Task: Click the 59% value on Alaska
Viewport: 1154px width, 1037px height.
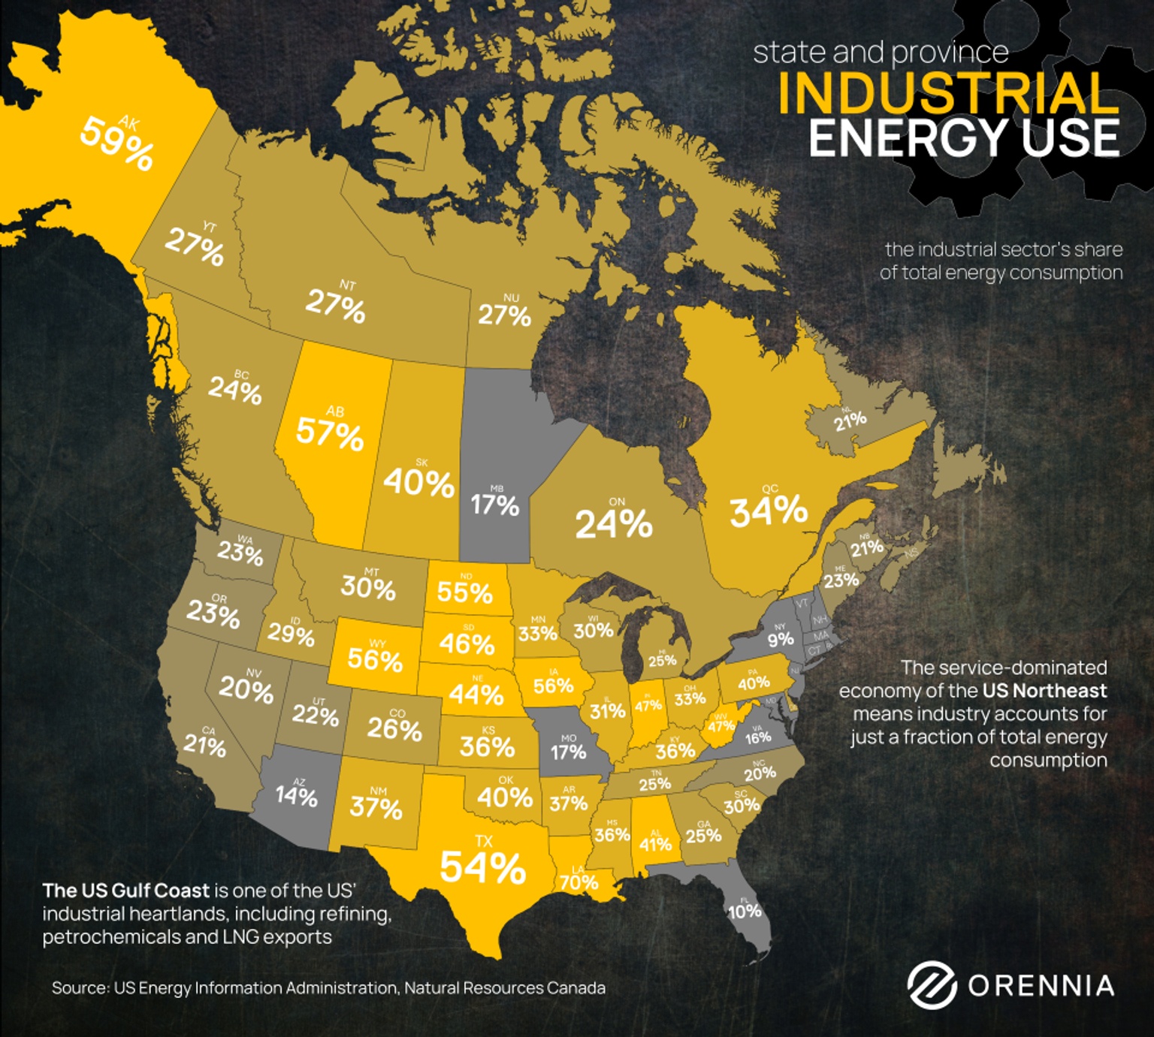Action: click(117, 143)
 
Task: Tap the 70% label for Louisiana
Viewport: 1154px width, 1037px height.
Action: click(579, 882)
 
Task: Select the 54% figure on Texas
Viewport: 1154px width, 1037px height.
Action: click(482, 868)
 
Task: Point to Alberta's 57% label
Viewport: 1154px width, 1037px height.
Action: click(330, 433)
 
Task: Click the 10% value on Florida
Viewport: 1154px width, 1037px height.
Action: click(745, 912)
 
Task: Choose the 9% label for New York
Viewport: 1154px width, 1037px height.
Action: click(781, 639)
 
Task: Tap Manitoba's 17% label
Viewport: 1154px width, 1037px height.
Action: click(495, 505)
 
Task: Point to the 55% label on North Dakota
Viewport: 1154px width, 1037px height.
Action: click(464, 592)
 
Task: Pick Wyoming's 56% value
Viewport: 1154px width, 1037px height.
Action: click(375, 660)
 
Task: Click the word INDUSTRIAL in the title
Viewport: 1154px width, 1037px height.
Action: click(948, 94)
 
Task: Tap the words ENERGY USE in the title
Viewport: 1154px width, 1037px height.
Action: click(963, 139)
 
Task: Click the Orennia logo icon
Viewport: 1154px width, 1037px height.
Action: click(932, 985)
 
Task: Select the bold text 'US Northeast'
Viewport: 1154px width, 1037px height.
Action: click(1044, 691)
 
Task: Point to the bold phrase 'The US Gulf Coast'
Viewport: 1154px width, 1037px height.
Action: click(125, 891)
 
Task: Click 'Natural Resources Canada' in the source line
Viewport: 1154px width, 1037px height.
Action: click(505, 988)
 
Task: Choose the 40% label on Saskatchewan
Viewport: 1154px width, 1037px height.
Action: click(419, 483)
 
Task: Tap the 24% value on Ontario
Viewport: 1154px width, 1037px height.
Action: click(614, 523)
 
